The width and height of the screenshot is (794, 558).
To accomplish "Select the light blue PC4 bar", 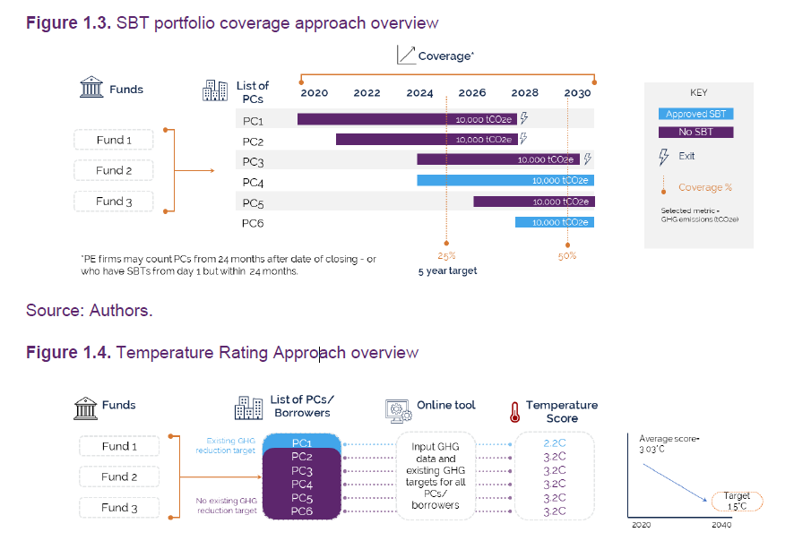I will (505, 181).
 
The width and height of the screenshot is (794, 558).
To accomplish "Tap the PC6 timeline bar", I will (554, 222).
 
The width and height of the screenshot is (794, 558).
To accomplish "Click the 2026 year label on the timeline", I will (472, 92).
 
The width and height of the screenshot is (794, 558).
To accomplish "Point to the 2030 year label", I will (577, 92).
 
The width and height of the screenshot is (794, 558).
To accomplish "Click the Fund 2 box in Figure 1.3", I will (114, 170).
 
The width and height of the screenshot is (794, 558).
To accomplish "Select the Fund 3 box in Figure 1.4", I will (119, 508).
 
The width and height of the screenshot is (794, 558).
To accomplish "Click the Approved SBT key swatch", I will (696, 114).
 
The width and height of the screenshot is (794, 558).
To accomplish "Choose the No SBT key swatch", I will (696, 133).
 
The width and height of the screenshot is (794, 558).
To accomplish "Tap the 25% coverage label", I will (446, 255).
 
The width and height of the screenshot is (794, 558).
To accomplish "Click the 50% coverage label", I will (566, 255).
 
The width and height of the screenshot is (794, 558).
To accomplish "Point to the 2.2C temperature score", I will (555, 443).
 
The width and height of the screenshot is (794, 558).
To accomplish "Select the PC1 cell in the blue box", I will (301, 442).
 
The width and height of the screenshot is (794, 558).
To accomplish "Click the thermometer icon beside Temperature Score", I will (514, 412).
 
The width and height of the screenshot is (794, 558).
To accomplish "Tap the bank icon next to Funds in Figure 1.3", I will (91, 89).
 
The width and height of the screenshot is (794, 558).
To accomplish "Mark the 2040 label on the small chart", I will (721, 525).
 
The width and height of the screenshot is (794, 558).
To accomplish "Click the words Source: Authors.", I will (90, 311).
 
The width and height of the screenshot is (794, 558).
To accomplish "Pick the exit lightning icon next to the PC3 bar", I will (588, 159).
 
